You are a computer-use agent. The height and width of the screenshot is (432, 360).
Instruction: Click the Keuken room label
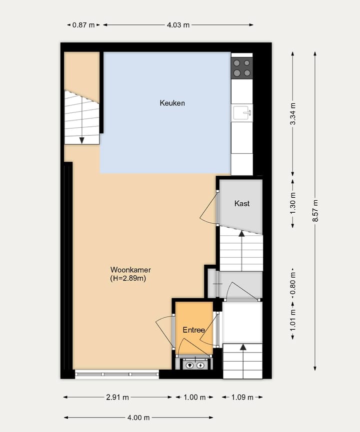172,103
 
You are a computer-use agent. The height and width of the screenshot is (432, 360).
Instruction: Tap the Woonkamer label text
127,270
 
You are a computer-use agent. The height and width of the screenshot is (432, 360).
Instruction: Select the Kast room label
242,203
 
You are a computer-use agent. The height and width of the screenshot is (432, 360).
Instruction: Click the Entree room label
193,330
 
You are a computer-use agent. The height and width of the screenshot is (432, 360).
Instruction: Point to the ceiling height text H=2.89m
127,279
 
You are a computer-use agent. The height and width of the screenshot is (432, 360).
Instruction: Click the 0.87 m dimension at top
83,24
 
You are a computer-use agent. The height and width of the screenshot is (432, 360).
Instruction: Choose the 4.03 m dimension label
178,24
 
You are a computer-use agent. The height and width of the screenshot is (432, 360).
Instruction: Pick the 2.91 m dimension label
118,398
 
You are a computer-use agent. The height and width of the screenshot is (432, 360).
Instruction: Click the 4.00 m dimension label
138,418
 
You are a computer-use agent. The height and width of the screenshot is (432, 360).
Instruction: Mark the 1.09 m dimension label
242,398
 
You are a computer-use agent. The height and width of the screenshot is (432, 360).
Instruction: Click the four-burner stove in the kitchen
242,68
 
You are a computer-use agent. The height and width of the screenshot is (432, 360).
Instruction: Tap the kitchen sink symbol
242,113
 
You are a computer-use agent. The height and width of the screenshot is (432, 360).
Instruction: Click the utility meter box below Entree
195,365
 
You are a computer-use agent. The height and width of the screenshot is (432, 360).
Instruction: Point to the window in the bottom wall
116,374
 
